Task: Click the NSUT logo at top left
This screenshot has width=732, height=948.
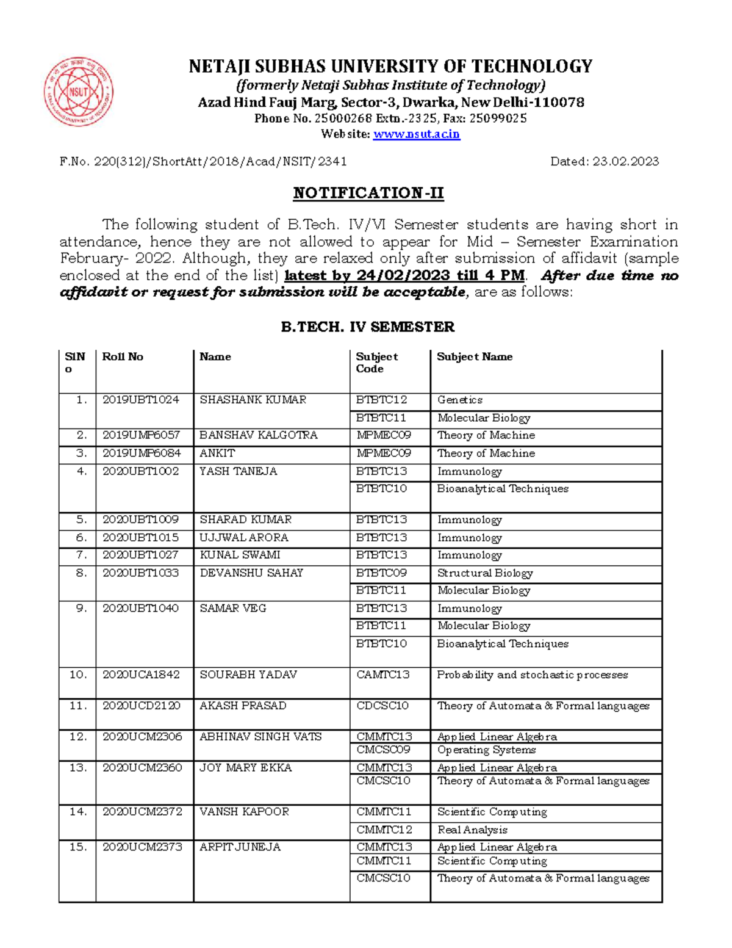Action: [78, 92]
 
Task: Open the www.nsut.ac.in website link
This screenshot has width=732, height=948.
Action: [416, 134]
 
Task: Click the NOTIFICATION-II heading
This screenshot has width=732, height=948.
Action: [368, 193]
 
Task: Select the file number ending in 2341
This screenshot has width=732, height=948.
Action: [203, 162]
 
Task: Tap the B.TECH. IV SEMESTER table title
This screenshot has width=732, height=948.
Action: [367, 327]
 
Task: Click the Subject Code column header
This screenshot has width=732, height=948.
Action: [377, 363]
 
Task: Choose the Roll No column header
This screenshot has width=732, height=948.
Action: [123, 357]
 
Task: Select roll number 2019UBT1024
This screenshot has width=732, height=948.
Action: [141, 400]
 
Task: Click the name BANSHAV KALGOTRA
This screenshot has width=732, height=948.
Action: [258, 435]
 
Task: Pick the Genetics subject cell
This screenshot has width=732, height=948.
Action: [460, 400]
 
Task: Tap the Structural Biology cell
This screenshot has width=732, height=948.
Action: [485, 573]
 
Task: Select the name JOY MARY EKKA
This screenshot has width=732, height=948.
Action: [245, 767]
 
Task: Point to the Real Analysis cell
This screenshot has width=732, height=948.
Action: [472, 830]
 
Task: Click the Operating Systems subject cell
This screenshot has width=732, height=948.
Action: [486, 750]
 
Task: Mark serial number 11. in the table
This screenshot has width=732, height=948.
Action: [79, 706]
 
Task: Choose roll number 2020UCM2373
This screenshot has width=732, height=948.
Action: [142, 847]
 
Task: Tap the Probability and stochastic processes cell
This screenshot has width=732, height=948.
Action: [532, 675]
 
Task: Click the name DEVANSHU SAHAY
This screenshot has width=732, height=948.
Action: [251, 573]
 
